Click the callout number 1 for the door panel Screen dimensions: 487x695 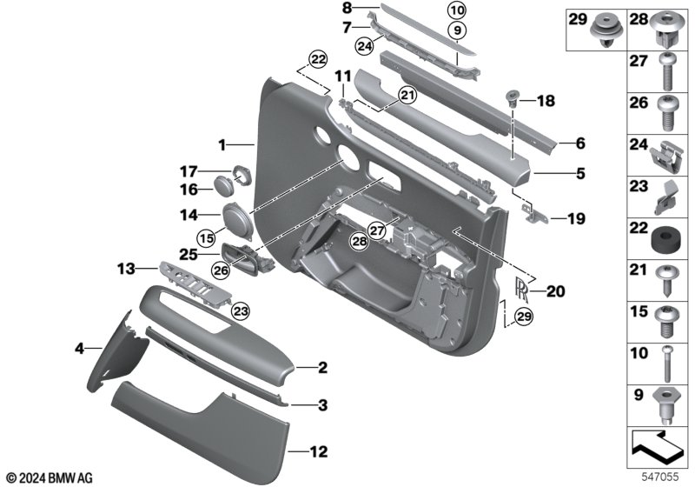[222, 143]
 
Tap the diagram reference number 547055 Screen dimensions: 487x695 [664, 476]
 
